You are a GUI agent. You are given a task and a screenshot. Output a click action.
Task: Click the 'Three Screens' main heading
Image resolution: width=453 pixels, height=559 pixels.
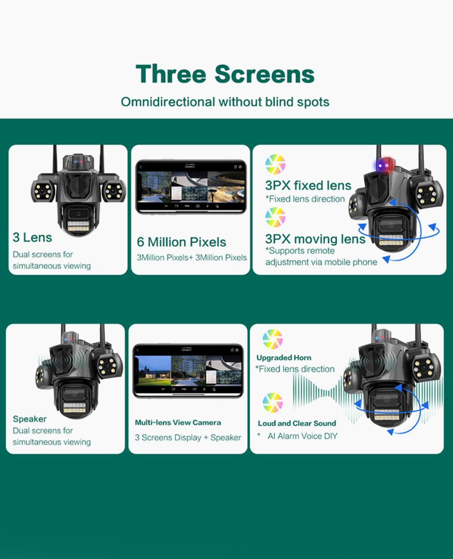point(225,74)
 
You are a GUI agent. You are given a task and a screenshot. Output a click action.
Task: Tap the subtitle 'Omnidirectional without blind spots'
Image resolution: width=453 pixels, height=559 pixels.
point(225,102)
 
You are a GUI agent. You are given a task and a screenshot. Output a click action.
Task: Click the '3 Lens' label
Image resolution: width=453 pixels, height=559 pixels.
point(32,237)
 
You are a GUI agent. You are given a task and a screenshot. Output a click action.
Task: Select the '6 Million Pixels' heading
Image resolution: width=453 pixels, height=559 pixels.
point(181,242)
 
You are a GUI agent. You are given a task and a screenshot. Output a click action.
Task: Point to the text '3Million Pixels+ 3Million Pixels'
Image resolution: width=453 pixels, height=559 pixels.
point(192,258)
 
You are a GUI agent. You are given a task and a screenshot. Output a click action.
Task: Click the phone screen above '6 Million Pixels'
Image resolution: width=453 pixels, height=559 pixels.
point(191,186)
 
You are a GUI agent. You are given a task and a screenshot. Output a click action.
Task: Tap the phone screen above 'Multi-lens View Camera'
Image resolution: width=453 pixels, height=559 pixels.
point(188,370)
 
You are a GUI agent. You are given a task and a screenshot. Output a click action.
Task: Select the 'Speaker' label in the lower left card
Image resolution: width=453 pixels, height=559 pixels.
point(29,419)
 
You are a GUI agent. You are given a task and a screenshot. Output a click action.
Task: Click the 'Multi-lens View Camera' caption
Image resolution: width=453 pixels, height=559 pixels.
point(178,423)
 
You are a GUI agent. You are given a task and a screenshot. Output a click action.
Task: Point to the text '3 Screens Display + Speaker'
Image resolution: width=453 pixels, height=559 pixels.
point(188,438)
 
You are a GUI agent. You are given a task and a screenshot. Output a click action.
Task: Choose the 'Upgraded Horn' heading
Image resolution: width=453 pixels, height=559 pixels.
point(284,358)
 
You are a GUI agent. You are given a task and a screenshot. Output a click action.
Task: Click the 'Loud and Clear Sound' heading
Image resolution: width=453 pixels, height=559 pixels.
point(297,424)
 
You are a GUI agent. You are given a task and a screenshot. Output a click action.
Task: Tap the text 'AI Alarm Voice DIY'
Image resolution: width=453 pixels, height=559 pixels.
point(302,436)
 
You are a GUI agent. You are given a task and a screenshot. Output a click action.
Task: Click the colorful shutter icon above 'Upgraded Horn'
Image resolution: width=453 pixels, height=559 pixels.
point(272,339)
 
